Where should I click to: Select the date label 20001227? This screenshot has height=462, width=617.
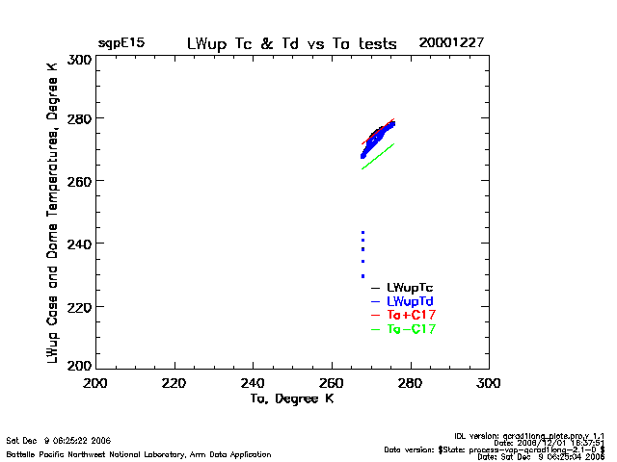(451, 43)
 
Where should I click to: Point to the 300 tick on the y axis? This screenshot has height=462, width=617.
(80, 60)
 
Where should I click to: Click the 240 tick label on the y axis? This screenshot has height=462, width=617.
(80, 244)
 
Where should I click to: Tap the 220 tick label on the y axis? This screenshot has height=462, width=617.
(80, 306)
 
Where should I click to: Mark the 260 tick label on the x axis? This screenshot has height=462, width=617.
(332, 384)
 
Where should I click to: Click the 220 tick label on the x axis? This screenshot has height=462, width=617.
(174, 384)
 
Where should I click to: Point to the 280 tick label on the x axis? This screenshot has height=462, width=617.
(411, 384)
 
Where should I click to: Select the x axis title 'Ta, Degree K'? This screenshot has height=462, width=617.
(292, 398)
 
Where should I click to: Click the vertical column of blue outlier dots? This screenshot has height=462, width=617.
(362, 254)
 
